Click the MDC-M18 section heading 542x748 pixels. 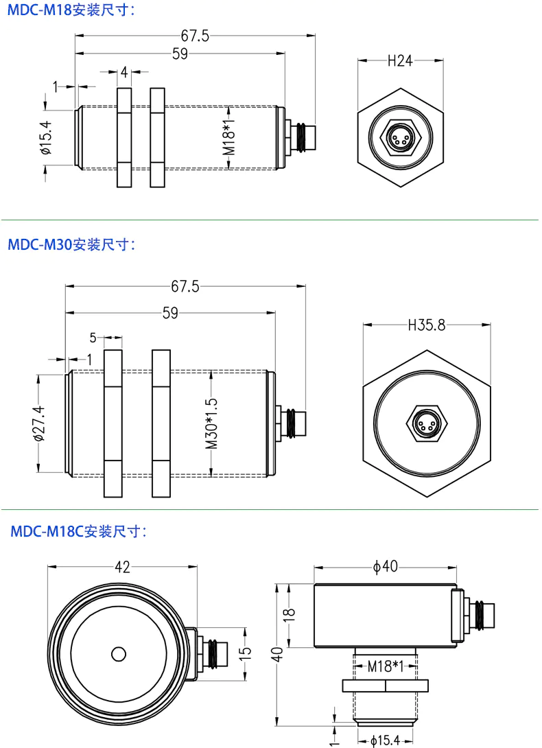point(72,10)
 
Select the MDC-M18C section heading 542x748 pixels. point(80,531)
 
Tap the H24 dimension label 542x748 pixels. point(400,61)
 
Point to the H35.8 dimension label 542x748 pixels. point(426,325)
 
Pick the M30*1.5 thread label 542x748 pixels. point(212,423)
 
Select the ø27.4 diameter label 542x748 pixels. point(38,423)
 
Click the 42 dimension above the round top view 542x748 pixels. point(123,567)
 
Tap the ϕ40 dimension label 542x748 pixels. point(386,567)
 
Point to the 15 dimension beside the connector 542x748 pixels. point(246,653)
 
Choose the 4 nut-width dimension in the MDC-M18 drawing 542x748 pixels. point(124,71)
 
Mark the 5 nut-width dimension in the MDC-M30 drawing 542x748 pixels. point(93,338)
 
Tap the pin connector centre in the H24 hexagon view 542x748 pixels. point(400,136)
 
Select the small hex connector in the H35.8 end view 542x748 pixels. point(426,423)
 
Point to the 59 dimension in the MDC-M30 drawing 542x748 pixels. point(170,313)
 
